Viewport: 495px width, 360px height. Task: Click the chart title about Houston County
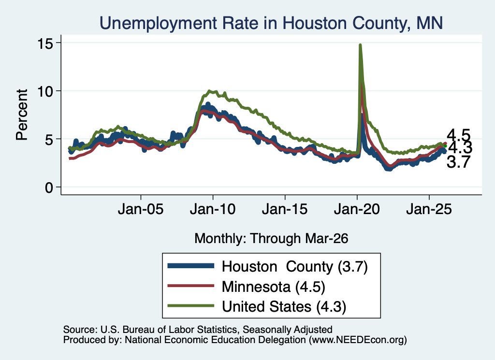click(x=271, y=23)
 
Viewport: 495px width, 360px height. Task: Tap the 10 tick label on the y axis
click(x=45, y=91)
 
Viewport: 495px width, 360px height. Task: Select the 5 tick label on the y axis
click(x=49, y=140)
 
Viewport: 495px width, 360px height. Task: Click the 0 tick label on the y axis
click(x=49, y=187)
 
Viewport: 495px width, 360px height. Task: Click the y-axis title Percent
click(x=22, y=115)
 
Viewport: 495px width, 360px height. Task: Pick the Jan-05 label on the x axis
click(x=141, y=209)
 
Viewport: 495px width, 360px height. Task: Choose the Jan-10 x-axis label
click(x=213, y=209)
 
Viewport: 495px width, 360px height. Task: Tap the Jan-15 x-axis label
click(x=285, y=209)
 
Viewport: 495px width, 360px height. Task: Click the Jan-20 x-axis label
click(x=357, y=209)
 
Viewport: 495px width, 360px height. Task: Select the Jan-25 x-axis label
click(x=429, y=209)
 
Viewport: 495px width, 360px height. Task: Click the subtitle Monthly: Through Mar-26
click(x=271, y=239)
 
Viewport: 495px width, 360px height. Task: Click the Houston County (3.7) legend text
click(x=295, y=267)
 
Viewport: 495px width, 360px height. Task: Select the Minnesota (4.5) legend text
click(x=274, y=287)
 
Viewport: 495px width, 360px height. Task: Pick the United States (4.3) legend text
click(x=284, y=307)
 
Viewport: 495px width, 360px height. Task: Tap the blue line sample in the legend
click(x=190, y=266)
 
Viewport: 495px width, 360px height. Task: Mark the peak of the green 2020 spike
click(x=360, y=45)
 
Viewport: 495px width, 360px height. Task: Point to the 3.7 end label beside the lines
click(x=459, y=162)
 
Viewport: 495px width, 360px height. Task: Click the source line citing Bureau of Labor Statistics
click(x=198, y=330)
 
